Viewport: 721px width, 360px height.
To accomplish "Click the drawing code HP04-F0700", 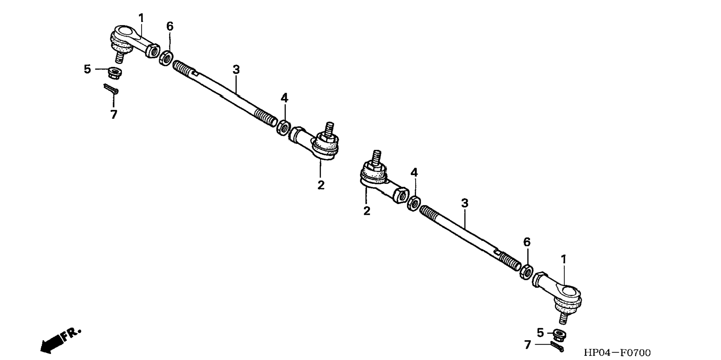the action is click(x=617, y=353).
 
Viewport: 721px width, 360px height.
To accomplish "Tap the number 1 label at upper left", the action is click(x=141, y=18).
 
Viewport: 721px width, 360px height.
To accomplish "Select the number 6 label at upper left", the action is click(x=170, y=27).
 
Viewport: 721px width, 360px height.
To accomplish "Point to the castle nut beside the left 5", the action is click(x=114, y=71).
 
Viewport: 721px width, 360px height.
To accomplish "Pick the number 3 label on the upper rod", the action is click(x=236, y=70).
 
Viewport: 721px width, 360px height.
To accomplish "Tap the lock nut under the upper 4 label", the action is click(x=283, y=128).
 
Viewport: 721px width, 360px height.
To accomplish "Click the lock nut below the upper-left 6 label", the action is click(x=166, y=58).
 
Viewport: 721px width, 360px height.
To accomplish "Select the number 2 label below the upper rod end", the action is click(x=321, y=185).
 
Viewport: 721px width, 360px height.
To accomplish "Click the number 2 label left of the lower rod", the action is click(x=367, y=211).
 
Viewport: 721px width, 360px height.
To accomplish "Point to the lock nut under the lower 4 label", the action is click(x=413, y=203).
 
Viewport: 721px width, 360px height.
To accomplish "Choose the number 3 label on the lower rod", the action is click(x=465, y=204).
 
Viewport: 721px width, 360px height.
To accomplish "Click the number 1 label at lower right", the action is click(x=563, y=259).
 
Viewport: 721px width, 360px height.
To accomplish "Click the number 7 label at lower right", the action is click(x=527, y=345).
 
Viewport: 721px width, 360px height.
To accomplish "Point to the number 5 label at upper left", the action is click(x=87, y=69).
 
